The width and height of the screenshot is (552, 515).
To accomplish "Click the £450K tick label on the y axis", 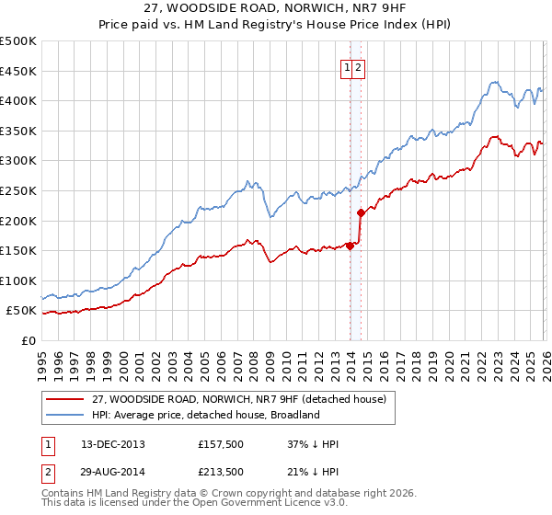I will (18, 71).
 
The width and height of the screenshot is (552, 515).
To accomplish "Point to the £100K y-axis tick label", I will (18, 280).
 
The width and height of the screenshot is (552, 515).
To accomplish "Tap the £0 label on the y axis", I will (28, 340).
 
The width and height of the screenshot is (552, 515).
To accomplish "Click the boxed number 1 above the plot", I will (348, 66).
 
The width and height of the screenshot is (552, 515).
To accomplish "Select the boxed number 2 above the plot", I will (360, 66).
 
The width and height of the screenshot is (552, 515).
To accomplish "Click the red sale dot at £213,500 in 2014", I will (361, 212).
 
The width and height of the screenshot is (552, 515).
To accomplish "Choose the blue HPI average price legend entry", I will (205, 415).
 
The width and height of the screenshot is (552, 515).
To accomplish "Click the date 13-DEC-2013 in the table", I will (113, 444).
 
